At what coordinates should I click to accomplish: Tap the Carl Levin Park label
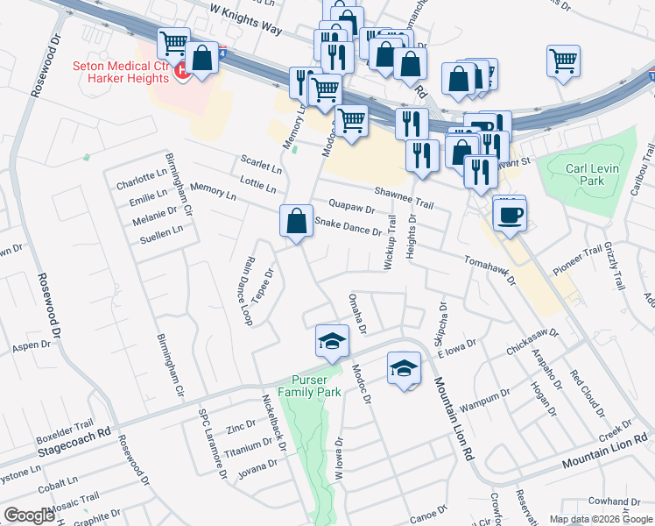[x=585, y=174]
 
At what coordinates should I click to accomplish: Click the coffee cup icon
[x=509, y=213]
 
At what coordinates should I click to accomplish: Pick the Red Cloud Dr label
[x=588, y=394]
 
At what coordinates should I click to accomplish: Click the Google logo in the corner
[x=29, y=515]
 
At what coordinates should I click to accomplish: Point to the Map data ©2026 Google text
[x=600, y=519]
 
